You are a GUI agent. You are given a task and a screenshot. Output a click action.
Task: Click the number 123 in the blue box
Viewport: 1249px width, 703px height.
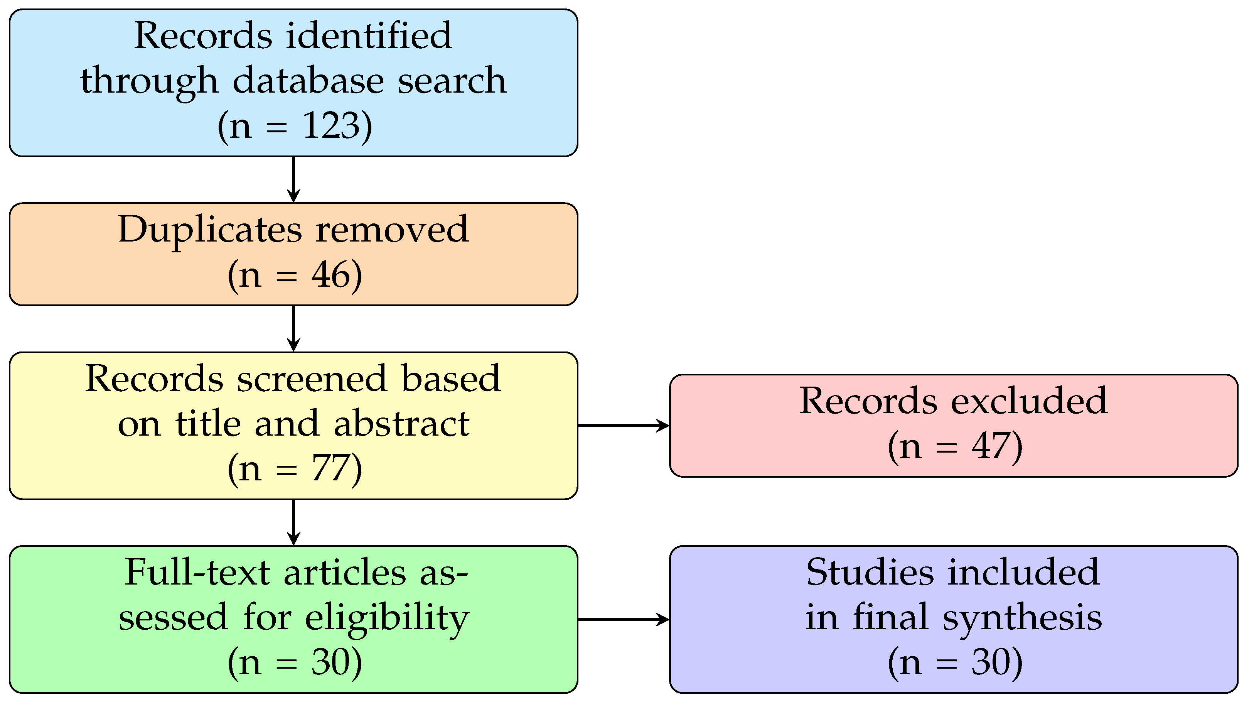pyautogui.click(x=332, y=126)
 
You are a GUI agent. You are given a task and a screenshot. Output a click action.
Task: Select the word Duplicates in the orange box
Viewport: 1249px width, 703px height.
pyautogui.click(x=209, y=230)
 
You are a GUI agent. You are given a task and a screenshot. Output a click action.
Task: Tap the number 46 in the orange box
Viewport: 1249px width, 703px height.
pyautogui.click(x=331, y=275)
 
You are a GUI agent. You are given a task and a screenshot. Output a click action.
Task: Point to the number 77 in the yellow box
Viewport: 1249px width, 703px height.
pyautogui.click(x=331, y=469)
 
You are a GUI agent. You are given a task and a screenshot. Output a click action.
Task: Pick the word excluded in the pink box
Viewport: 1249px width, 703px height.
pyautogui.click(x=1029, y=401)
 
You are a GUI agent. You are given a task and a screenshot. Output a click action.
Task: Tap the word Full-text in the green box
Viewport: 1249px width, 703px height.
pyautogui.click(x=197, y=573)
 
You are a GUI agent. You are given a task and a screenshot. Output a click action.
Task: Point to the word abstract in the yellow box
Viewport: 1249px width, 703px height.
pyautogui.click(x=401, y=424)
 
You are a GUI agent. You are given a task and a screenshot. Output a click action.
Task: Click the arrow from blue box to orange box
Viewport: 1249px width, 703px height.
pyautogui.click(x=293, y=179)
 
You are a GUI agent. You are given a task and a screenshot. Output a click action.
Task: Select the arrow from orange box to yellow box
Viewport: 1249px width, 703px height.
pyautogui.click(x=293, y=328)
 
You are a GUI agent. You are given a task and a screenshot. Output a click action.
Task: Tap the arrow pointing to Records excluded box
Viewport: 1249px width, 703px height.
pyautogui.click(x=623, y=426)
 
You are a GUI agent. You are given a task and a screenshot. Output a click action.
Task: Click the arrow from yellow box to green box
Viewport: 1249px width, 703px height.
pyautogui.click(x=293, y=522)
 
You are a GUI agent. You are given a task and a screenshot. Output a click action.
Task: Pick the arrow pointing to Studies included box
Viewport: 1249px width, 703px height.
pyautogui.click(x=623, y=620)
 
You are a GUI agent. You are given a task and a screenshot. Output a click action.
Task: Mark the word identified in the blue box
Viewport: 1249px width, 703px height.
pyautogui.click(x=369, y=36)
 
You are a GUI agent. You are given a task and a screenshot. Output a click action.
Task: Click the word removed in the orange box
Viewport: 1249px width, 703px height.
pyautogui.click(x=392, y=230)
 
